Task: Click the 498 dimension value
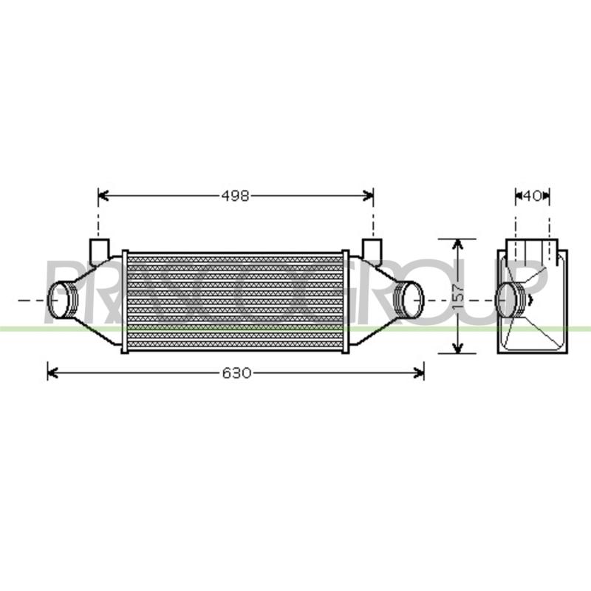[x=235, y=196]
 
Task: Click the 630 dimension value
[x=236, y=373]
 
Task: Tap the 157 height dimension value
[x=458, y=296]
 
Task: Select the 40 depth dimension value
[x=533, y=196]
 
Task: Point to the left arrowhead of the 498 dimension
[x=103, y=196]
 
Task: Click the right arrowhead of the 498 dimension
[x=368, y=196]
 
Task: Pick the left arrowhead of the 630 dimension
[x=52, y=373]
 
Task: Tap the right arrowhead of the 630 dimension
[x=418, y=373]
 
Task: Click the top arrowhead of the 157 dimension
[x=457, y=245]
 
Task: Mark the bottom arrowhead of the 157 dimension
[x=457, y=348]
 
